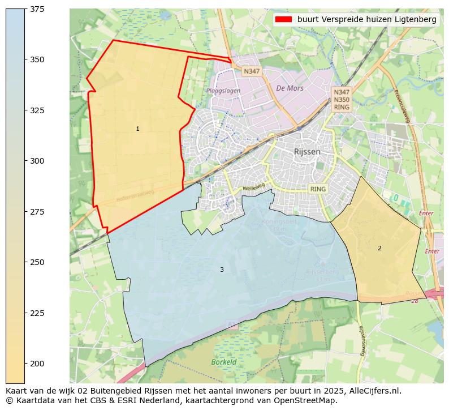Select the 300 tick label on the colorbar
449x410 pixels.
tap(37, 161)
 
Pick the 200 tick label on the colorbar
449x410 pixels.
tap(37, 364)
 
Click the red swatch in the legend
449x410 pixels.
tap(283, 19)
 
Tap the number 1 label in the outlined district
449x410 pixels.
tap(137, 129)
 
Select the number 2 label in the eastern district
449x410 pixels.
tap(379, 249)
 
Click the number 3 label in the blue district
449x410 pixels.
tap(222, 270)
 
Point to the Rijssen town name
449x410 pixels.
tap(307, 152)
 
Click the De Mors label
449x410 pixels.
tap(290, 88)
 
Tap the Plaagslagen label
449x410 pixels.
tap(223, 91)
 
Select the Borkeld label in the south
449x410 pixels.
tap(223, 362)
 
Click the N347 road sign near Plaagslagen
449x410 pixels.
tap(251, 71)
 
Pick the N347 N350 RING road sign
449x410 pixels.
tap(342, 99)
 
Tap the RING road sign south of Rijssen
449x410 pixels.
tap(318, 189)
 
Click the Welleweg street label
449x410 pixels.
tap(253, 187)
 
